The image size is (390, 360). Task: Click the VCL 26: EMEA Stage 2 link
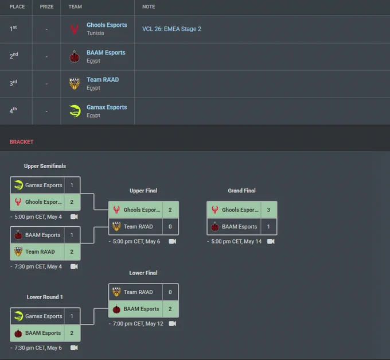(x=171, y=29)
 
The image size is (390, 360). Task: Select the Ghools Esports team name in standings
(x=107, y=25)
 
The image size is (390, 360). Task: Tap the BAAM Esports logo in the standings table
(x=75, y=57)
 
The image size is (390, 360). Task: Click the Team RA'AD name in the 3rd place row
(x=103, y=80)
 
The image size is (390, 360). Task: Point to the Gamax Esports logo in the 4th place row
(x=75, y=111)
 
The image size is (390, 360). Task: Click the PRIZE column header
(x=46, y=7)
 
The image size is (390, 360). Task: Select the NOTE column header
(x=149, y=7)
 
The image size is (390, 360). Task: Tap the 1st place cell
(x=13, y=28)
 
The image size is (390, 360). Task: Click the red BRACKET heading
(x=21, y=142)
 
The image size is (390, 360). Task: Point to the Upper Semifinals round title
(x=45, y=166)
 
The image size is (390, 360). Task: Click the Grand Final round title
(x=242, y=191)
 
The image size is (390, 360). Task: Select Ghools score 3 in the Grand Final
(x=268, y=210)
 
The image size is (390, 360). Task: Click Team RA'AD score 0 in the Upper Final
(x=170, y=227)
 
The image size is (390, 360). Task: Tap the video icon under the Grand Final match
(x=271, y=242)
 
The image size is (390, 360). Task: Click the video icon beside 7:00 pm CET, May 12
(x=173, y=324)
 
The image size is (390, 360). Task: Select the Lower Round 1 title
(x=45, y=297)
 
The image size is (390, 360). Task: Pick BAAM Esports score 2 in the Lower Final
(x=170, y=309)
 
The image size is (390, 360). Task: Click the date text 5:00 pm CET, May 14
(x=236, y=242)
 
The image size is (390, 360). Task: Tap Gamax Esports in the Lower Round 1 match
(x=44, y=316)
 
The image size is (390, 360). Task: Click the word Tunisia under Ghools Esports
(x=95, y=33)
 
